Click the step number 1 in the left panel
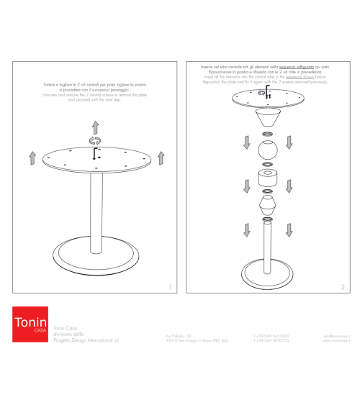click(x=169, y=287)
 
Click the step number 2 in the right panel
click(x=342, y=287)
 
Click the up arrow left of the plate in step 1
click(x=32, y=158)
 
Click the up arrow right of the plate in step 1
click(x=161, y=158)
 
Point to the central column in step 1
click(x=95, y=216)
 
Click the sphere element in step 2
click(x=268, y=153)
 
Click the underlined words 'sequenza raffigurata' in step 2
click(x=297, y=66)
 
